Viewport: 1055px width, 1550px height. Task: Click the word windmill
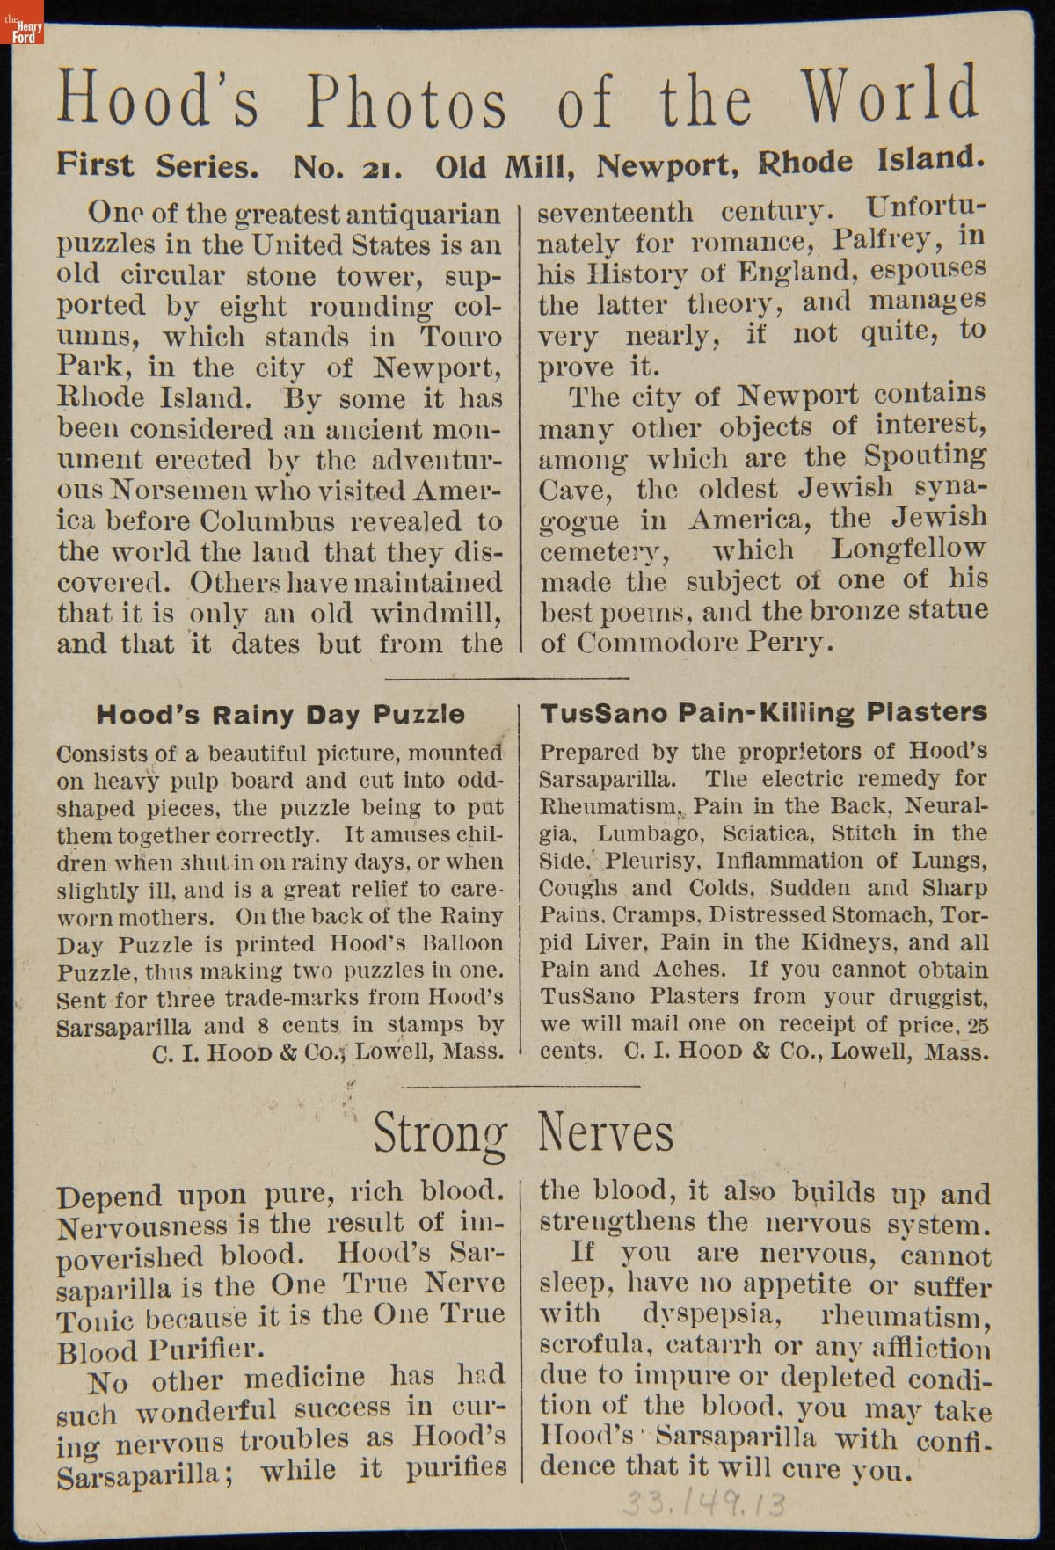tap(435, 613)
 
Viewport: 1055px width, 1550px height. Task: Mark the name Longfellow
tap(908, 549)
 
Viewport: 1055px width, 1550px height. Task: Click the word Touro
tap(460, 337)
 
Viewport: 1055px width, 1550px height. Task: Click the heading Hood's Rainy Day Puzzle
tap(280, 714)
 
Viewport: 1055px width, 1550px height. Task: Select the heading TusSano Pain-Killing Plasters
tap(763, 712)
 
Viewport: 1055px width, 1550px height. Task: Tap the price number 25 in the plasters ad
tap(977, 1024)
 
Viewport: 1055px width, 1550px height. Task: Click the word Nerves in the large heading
tap(606, 1132)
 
